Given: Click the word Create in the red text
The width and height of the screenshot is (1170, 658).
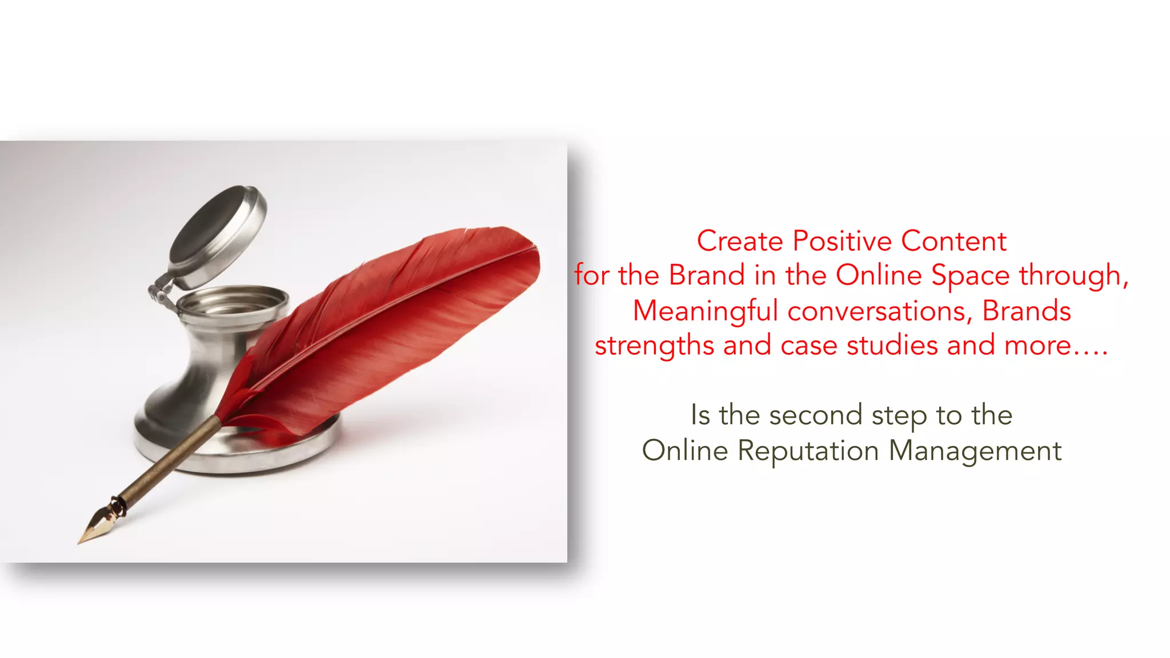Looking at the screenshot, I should tap(739, 241).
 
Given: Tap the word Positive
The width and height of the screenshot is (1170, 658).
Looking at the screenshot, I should tap(842, 241).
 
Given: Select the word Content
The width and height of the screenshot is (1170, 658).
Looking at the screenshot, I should tap(953, 241).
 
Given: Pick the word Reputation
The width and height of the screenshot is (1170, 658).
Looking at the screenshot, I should tap(808, 451).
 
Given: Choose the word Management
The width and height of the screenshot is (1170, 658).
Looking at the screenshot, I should tap(975, 451).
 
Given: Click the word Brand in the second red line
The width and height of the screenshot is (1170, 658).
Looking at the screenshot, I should tap(707, 275).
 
